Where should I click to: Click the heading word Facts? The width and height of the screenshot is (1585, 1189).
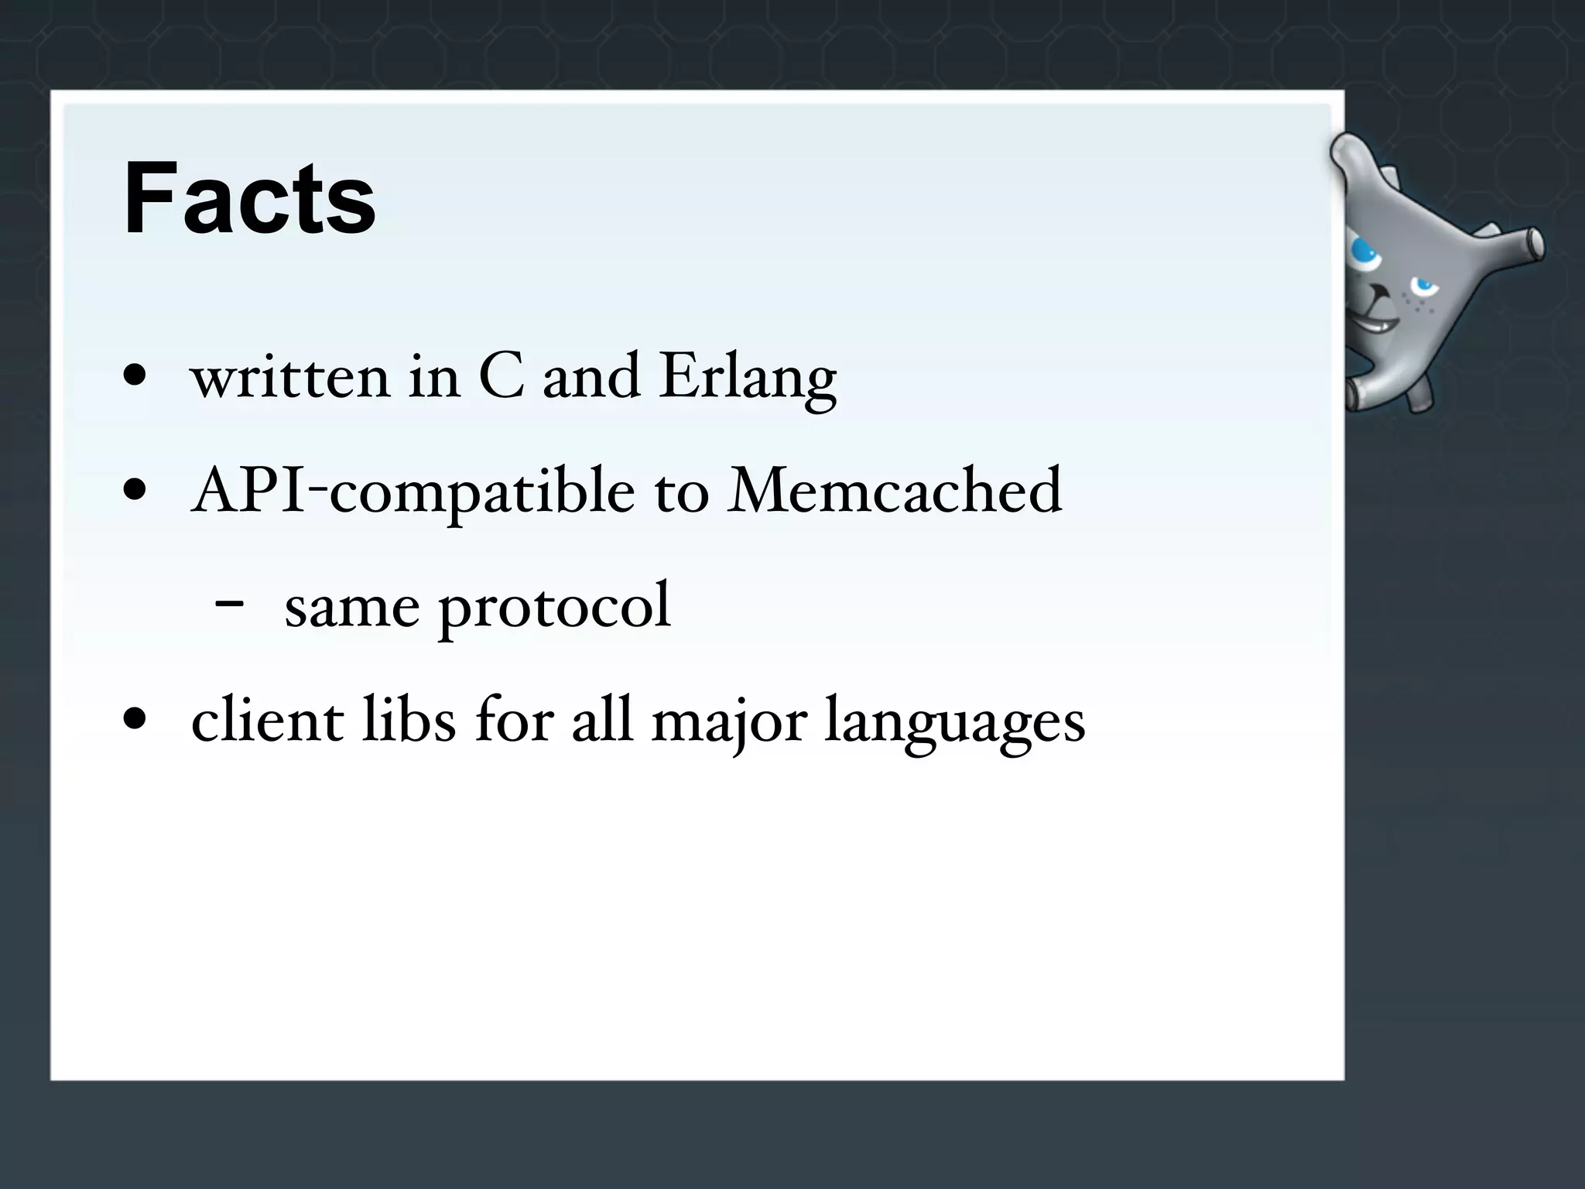coord(249,199)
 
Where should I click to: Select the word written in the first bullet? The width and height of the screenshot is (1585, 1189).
coord(290,377)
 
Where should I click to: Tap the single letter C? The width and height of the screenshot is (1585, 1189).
coord(502,377)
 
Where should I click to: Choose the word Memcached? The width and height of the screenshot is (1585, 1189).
coord(895,491)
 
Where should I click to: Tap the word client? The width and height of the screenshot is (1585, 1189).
coord(268,720)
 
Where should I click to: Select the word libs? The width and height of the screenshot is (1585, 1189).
coord(409,720)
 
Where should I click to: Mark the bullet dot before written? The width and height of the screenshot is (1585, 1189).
coord(135,375)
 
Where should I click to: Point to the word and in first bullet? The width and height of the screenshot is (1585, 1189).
coord(591,377)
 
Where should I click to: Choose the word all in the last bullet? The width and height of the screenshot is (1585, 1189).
coord(603,720)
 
